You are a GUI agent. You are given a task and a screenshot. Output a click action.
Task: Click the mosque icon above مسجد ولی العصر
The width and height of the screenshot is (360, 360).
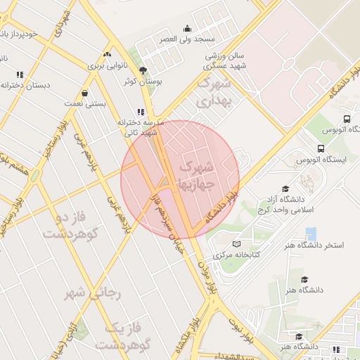[187, 29]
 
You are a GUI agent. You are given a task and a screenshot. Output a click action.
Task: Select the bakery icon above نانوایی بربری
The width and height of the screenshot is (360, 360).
[107, 54]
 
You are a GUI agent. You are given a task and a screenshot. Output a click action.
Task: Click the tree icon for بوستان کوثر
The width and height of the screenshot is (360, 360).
[143, 70]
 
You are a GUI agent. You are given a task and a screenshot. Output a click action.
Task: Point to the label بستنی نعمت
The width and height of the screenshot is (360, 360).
[85, 103]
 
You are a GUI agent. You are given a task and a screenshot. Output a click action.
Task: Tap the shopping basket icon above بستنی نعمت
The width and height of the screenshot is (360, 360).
[85, 93]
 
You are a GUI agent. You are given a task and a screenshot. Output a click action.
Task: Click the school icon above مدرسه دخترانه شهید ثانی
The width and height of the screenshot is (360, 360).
[141, 111]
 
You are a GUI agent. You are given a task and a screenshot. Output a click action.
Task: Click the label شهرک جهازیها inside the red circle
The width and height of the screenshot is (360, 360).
[195, 176]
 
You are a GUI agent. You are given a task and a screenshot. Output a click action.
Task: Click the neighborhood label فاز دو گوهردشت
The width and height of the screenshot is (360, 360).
[69, 225]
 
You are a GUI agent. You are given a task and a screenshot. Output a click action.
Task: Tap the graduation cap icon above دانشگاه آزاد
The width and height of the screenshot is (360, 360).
[285, 188]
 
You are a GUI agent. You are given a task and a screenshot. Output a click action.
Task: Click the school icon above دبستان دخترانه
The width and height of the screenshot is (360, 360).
[20, 75]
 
